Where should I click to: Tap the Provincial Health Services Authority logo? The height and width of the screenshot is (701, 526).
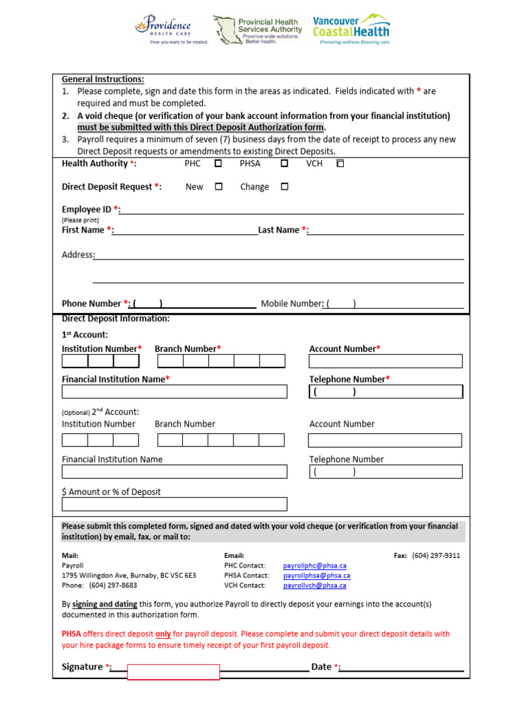click(x=258, y=30)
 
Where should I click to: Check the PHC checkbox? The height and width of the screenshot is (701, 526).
click(x=218, y=164)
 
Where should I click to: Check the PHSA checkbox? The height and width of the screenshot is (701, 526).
click(x=284, y=164)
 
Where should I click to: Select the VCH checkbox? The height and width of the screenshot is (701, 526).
click(x=340, y=164)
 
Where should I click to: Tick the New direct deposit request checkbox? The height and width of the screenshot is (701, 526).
click(x=218, y=187)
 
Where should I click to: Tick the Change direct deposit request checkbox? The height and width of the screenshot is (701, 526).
click(x=284, y=187)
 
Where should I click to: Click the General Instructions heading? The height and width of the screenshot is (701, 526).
click(x=103, y=79)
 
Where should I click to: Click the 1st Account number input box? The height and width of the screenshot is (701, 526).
click(x=386, y=361)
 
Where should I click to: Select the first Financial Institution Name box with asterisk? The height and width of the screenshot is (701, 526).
click(x=175, y=392)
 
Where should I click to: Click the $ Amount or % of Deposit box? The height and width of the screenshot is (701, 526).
click(x=175, y=505)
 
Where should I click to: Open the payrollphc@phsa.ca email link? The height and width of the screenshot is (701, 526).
click(x=315, y=566)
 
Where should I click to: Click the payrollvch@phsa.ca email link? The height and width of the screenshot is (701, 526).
click(x=315, y=585)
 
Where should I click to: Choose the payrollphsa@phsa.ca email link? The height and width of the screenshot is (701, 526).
click(x=316, y=576)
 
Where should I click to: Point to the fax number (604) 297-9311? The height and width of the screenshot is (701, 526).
click(x=436, y=556)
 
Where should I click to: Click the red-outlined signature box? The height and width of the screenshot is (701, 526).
click(x=174, y=672)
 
